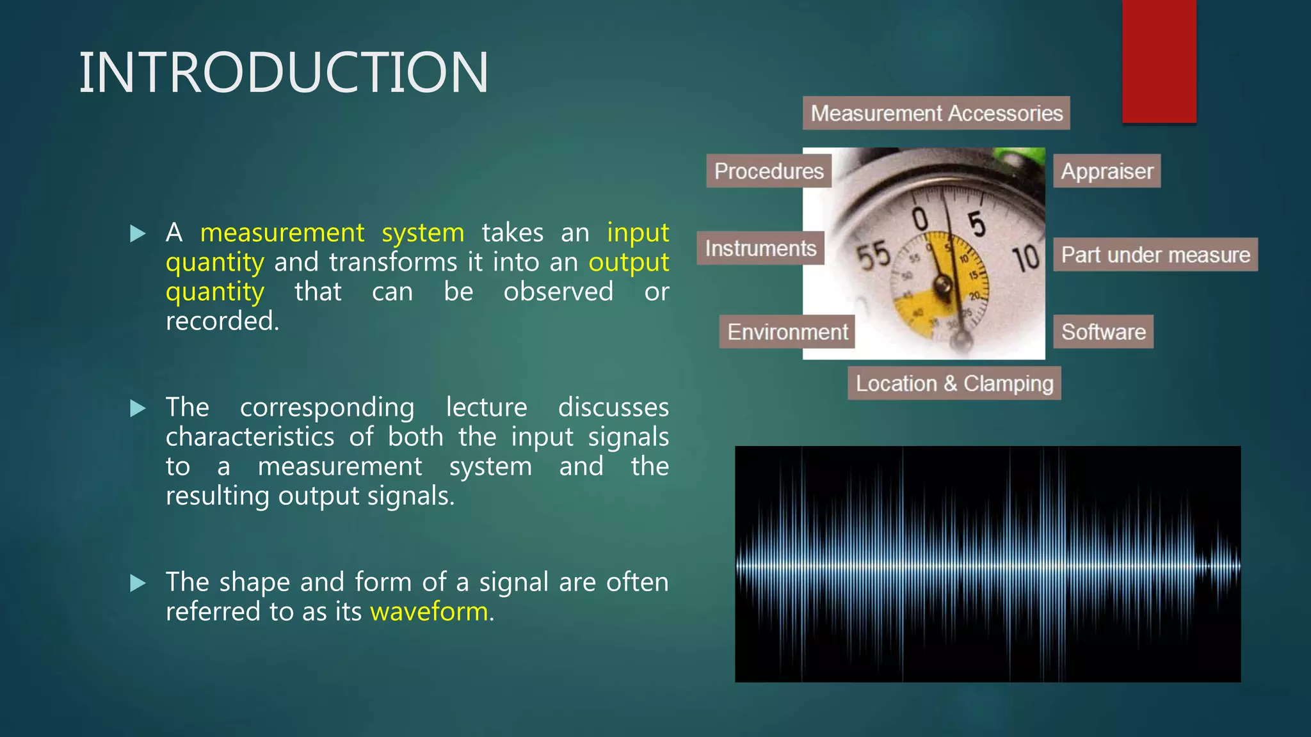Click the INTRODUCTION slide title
284,72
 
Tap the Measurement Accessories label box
936,113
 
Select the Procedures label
768,171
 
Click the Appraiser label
1107,171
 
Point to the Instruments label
760,248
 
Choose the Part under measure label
1155,255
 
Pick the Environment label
787,331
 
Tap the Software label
1103,331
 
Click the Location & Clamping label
954,383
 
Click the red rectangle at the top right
1159,61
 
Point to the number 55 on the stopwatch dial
873,255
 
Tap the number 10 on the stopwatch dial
1025,258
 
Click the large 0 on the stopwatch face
921,219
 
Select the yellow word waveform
429,612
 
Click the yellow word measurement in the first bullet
282,232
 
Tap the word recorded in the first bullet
221,321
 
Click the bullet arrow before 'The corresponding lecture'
138,408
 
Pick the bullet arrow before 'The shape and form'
138,583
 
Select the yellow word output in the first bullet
629,262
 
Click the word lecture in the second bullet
487,408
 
